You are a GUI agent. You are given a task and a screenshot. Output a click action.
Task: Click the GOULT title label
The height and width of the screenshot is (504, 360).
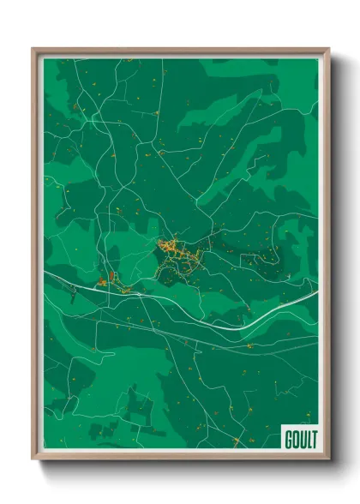[x=297, y=440]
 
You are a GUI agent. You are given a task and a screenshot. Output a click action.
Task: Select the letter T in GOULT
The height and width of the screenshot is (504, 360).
[x=311, y=440]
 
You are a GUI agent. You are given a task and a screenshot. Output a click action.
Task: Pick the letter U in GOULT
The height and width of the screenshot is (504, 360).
[x=298, y=440]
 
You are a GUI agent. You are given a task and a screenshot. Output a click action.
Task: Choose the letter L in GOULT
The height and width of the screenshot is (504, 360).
[x=305, y=440]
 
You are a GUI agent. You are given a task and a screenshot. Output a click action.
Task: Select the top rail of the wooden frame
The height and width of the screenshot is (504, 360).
[x=180, y=51]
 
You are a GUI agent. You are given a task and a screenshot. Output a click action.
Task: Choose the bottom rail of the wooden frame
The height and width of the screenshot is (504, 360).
[x=180, y=458]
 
